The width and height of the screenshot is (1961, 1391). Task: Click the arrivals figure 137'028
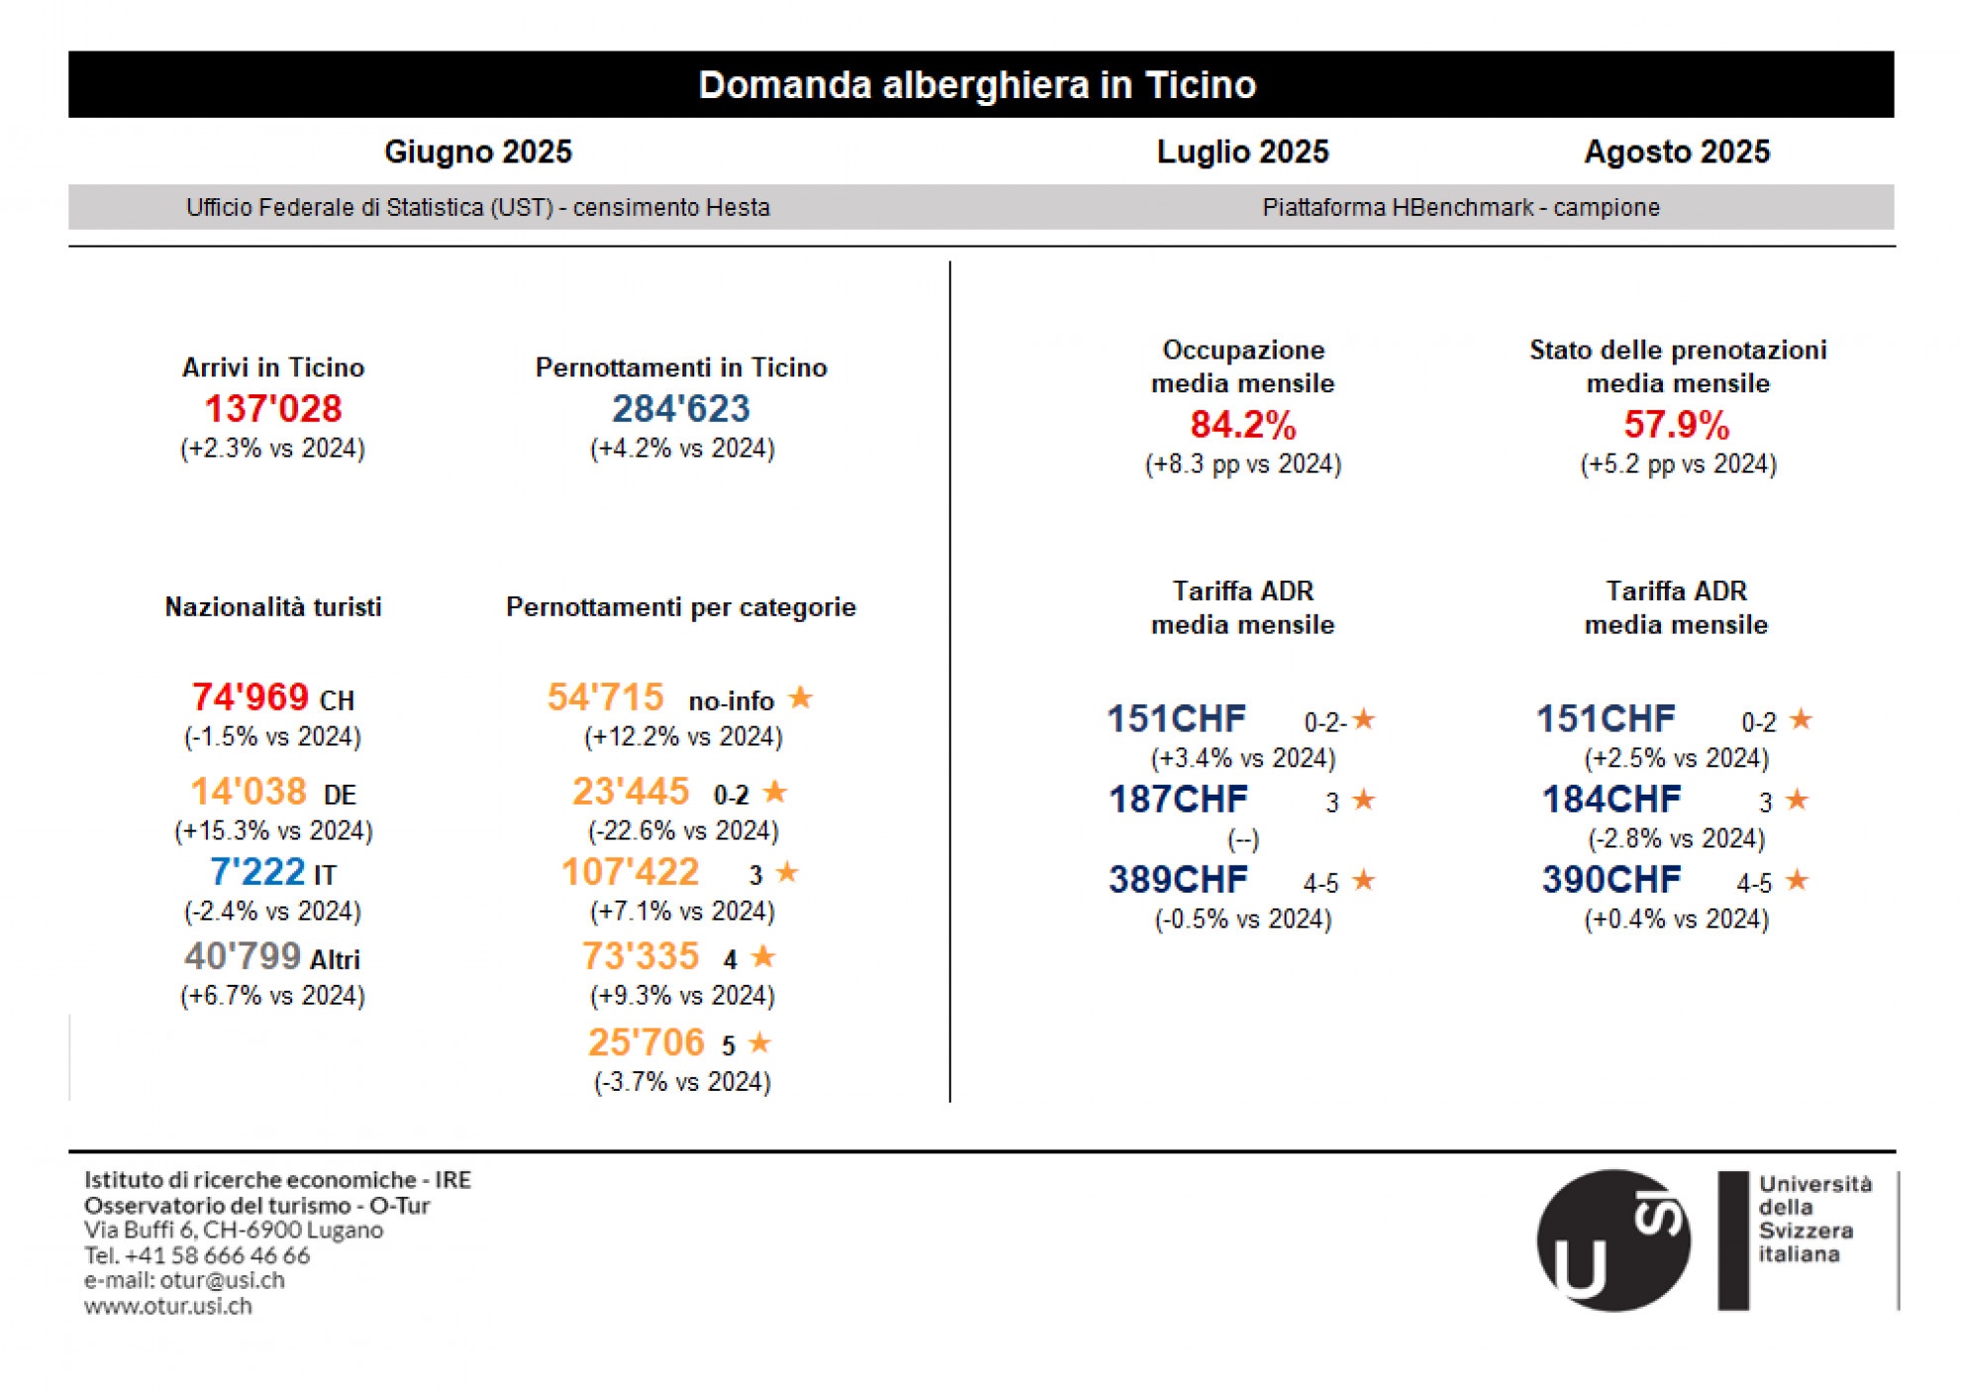coord(272,408)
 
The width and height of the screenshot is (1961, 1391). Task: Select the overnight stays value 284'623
coord(680,408)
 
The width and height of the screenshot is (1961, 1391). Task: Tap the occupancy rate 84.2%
coord(1242,425)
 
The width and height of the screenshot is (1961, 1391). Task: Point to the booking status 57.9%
coord(1676,425)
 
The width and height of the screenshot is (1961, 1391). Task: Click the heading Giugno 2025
coord(477,152)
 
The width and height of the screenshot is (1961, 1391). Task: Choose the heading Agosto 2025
coord(1676,152)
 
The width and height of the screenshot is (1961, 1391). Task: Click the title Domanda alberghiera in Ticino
coord(977,85)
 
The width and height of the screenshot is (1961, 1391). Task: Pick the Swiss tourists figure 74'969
coord(250,697)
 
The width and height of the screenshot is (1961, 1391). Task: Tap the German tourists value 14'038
coord(248,792)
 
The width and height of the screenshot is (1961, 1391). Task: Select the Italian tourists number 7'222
coord(257,872)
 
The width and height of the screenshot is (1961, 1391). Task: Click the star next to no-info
coord(800,698)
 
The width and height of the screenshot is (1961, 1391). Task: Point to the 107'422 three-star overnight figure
coord(630,872)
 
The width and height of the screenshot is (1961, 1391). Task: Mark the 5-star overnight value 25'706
coord(645,1042)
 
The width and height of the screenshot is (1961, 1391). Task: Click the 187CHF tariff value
coord(1178,800)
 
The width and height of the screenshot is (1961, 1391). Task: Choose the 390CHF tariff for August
coord(1610,880)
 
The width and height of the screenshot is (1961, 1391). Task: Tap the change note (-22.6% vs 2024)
coord(682,830)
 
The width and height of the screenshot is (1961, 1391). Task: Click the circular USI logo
coord(1612,1240)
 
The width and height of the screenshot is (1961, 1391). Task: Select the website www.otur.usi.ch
coord(167,1306)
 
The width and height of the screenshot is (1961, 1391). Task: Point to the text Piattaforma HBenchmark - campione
coord(1460,208)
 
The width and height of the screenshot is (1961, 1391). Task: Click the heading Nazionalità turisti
coord(272,607)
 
